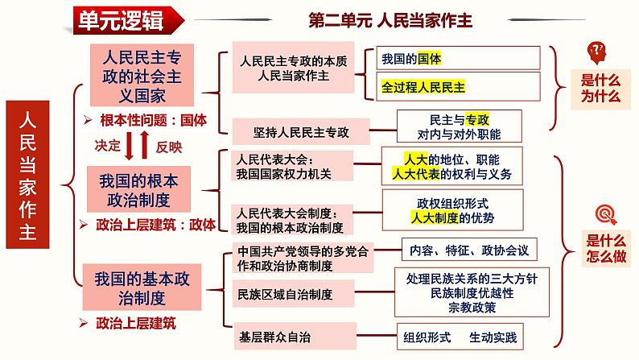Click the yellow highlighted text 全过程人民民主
pyautogui.click(x=425, y=86)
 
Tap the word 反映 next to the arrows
pyautogui.click(x=170, y=147)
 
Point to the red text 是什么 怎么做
pyautogui.click(x=604, y=246)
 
